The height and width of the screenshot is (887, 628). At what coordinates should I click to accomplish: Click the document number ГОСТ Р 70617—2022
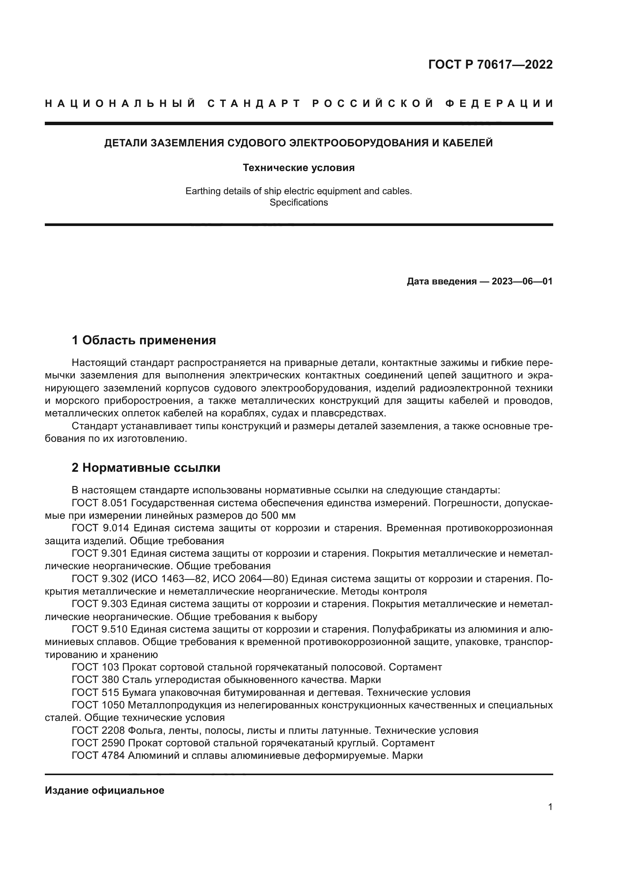tap(490, 64)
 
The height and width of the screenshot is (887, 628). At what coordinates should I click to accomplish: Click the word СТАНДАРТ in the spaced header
tap(254, 104)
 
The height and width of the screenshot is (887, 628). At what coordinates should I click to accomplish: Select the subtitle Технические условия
tap(298, 168)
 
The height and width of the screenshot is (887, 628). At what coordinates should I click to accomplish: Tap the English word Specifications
tap(298, 203)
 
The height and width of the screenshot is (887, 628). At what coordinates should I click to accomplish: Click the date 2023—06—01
tap(522, 281)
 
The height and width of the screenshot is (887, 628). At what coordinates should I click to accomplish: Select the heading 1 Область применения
tap(144, 340)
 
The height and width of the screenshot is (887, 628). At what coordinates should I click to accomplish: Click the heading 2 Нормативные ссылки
tap(146, 468)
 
